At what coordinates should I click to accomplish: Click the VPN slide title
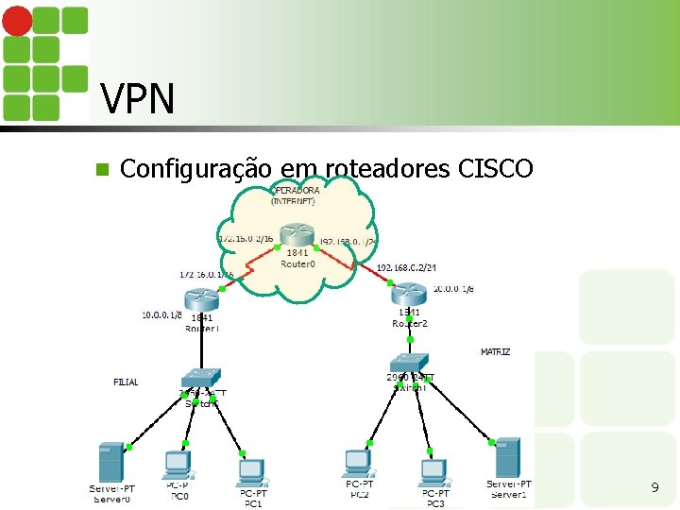pyautogui.click(x=137, y=98)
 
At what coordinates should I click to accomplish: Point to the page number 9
pyautogui.click(x=654, y=488)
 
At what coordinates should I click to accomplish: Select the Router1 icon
pyautogui.click(x=202, y=299)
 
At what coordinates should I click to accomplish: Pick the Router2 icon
pyautogui.click(x=409, y=295)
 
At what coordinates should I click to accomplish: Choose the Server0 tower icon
pyautogui.click(x=112, y=462)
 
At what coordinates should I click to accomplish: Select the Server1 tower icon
pyautogui.click(x=508, y=457)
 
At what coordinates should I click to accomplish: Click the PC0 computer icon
pyautogui.click(x=177, y=465)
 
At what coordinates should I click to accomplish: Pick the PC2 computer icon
pyautogui.click(x=357, y=463)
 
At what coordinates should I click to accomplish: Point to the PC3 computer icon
pyautogui.click(x=433, y=471)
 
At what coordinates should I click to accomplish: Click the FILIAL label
pyautogui.click(x=126, y=382)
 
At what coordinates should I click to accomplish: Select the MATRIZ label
pyautogui.click(x=495, y=352)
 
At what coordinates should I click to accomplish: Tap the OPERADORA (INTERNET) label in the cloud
pyautogui.click(x=296, y=195)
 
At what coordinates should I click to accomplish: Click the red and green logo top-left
pyautogui.click(x=44, y=62)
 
